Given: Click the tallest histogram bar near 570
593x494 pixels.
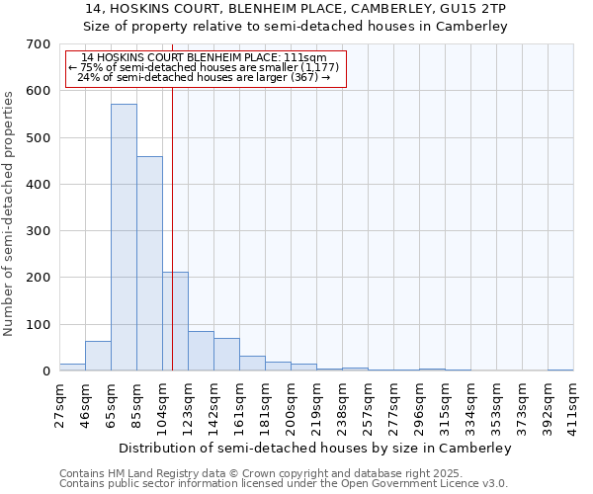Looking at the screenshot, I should [x=124, y=237].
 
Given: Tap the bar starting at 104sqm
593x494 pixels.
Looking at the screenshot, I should [x=175, y=321].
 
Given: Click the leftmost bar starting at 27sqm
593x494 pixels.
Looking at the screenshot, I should [x=72, y=367].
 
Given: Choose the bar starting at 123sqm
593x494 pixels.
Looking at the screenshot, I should [x=201, y=351].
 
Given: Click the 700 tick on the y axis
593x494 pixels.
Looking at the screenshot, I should [x=39, y=44].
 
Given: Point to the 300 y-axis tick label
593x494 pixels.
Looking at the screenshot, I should [x=39, y=231].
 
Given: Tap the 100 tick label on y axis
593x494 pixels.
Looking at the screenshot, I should [x=39, y=325].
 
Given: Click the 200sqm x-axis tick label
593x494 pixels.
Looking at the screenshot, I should [x=292, y=401].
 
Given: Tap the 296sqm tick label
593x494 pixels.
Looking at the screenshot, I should [x=420, y=401].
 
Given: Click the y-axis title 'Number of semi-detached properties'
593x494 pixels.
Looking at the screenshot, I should [x=10, y=212].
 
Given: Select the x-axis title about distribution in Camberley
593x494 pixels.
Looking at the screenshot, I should [x=315, y=448].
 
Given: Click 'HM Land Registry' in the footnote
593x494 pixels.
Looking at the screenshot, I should [x=150, y=473].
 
